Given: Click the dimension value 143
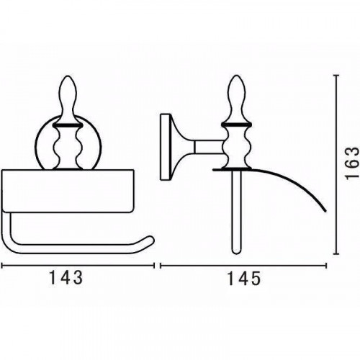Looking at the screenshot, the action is coord(66,278).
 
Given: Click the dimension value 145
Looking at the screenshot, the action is coord(243,279).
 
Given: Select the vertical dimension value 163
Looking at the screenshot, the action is coord(352,163).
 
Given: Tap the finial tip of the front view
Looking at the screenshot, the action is coord(68,76).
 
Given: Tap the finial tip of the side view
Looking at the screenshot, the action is coord(237,76).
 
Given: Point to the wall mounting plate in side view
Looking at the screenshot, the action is coord(165,147).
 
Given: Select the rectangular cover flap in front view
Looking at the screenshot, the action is coord(68,191).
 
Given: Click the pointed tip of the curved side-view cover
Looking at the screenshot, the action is coord(325,211).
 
